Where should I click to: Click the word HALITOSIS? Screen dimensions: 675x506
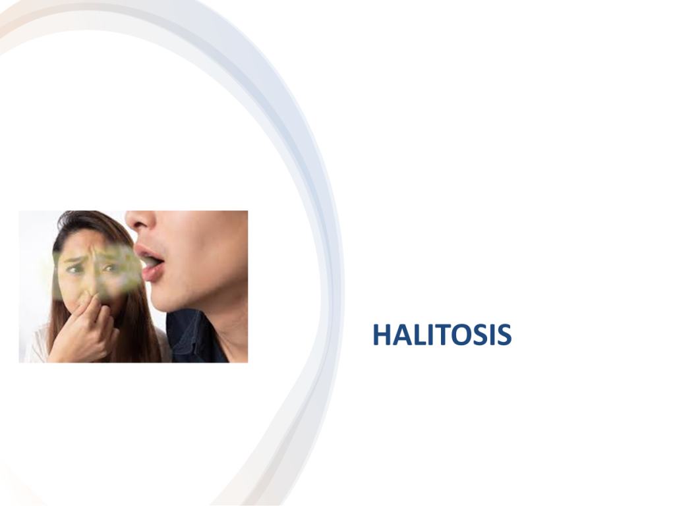tap(442, 335)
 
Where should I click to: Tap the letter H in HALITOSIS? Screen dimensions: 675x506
tap(382, 335)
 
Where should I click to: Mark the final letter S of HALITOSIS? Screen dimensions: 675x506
tap(504, 335)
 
